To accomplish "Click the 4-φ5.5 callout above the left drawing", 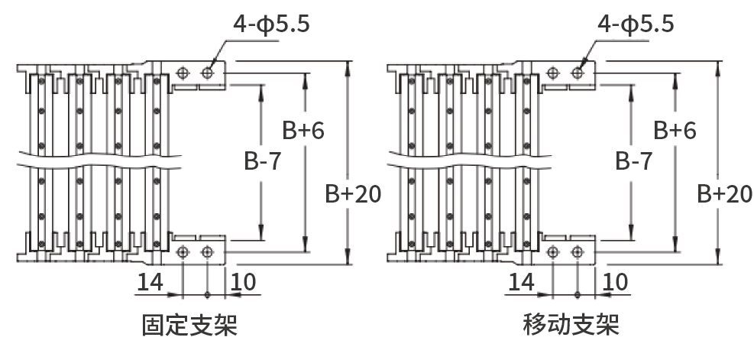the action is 272,24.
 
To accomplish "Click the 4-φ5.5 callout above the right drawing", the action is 636,24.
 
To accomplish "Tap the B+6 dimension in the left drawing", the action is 303,131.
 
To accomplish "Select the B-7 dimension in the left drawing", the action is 262,161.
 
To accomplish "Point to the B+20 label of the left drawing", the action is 354,194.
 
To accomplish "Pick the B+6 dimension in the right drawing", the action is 675,131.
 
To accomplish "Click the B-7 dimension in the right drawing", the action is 634,161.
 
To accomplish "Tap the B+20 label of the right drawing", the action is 725,194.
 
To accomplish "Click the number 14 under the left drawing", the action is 150,282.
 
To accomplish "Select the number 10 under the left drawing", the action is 244,282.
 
